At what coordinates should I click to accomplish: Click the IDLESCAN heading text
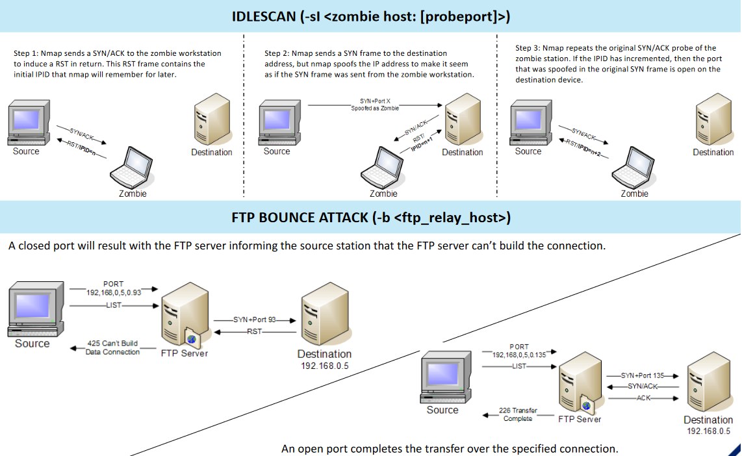tap(370, 16)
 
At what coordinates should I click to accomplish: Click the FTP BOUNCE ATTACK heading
tap(371, 218)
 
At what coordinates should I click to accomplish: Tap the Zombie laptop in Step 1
tap(131, 168)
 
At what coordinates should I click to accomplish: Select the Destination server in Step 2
tap(463, 120)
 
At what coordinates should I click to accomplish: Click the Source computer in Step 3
tap(531, 122)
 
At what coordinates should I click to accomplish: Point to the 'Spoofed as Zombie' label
tap(375, 108)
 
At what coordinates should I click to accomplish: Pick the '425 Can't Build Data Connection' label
tap(112, 348)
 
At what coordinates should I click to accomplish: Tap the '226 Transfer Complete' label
tap(518, 414)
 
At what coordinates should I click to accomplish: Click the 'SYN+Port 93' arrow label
tap(254, 320)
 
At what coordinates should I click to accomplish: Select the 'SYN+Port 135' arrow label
tap(643, 375)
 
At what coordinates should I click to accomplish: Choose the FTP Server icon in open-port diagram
tap(580, 383)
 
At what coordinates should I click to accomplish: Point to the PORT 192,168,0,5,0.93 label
tap(114, 288)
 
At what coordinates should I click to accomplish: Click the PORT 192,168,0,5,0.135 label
tap(519, 351)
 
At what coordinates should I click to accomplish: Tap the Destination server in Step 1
tap(212, 120)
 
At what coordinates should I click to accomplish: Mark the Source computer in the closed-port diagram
tap(36, 309)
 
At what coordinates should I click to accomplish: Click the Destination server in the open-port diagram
tap(708, 382)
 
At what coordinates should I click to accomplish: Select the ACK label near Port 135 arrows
tap(643, 398)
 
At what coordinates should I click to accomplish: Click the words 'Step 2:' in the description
tap(277, 53)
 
